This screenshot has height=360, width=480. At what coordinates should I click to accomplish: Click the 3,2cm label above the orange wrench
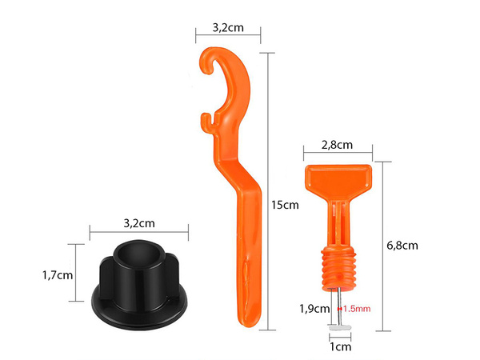[228, 27]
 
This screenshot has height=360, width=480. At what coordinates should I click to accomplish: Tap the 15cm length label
[286, 205]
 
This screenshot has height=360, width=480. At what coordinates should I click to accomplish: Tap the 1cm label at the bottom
[341, 346]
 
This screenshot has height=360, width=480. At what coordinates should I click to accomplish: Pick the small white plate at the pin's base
[339, 326]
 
